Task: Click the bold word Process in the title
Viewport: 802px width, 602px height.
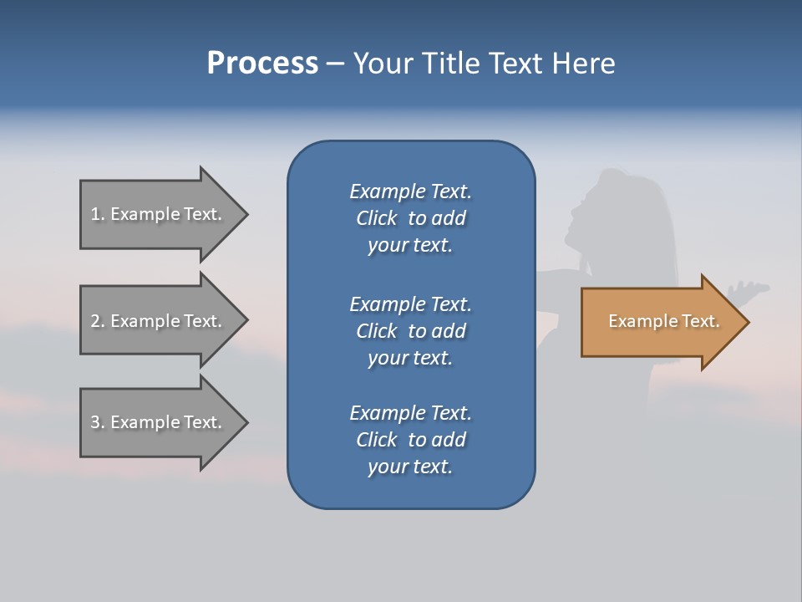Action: tap(262, 64)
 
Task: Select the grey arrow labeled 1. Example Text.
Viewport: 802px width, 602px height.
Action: tap(159, 214)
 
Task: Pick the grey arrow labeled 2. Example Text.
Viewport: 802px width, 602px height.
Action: tap(159, 321)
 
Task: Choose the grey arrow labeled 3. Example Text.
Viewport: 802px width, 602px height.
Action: tap(159, 422)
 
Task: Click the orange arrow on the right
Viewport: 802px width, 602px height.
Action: tap(660, 322)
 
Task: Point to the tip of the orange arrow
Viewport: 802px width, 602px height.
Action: tap(747, 322)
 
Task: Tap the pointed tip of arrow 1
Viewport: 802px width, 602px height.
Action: tap(246, 214)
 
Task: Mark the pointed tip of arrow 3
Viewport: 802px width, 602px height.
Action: tap(246, 422)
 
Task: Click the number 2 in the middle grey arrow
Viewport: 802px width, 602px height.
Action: tap(95, 321)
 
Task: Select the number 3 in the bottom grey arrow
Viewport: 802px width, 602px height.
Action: tap(95, 422)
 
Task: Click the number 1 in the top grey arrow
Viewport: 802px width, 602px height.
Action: tap(94, 214)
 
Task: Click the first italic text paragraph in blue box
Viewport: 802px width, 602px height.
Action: tap(410, 218)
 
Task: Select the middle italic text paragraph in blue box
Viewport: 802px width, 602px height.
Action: tap(410, 331)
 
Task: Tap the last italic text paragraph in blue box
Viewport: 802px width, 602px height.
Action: tap(410, 440)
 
